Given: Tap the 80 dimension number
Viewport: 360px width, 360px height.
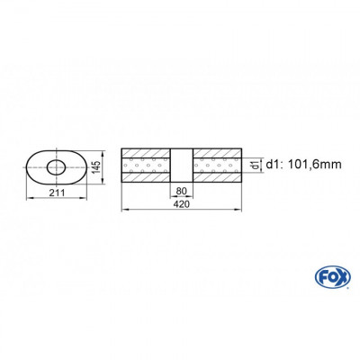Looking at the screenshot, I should click(x=181, y=191).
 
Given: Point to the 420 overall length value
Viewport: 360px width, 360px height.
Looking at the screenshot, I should click(x=181, y=203).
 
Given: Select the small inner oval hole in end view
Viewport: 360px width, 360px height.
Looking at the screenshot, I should click(x=56, y=166).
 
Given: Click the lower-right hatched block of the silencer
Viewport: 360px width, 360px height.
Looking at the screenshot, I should click(x=216, y=179).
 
